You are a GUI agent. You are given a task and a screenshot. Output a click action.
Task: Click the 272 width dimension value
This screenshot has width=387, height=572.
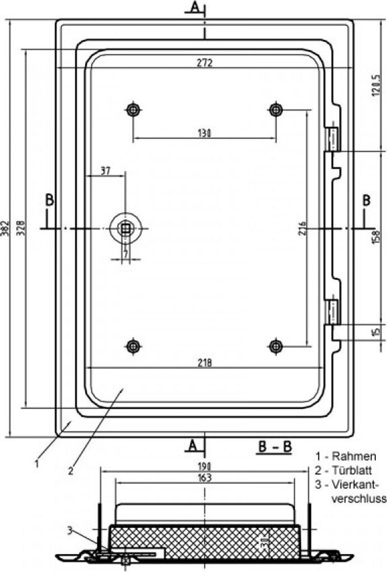click(x=205, y=63)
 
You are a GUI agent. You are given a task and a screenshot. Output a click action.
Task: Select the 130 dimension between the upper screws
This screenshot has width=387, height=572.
click(x=205, y=133)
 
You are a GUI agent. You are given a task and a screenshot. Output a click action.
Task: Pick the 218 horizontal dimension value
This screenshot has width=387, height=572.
click(x=205, y=363)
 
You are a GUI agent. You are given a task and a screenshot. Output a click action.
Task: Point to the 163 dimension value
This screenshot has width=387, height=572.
click(x=205, y=478)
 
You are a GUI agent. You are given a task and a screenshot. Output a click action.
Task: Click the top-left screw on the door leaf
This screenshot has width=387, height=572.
click(x=133, y=109)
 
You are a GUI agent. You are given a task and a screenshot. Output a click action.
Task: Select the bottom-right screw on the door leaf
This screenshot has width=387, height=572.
click(x=275, y=346)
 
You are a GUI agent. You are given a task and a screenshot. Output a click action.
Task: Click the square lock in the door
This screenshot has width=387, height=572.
click(x=126, y=228)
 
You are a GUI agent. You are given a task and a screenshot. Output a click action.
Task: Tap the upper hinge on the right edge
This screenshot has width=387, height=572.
click(x=333, y=138)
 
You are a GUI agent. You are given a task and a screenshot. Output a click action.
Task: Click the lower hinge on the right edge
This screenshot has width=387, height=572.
click(x=333, y=312)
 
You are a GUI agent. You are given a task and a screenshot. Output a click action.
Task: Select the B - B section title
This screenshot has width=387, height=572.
click(x=275, y=447)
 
